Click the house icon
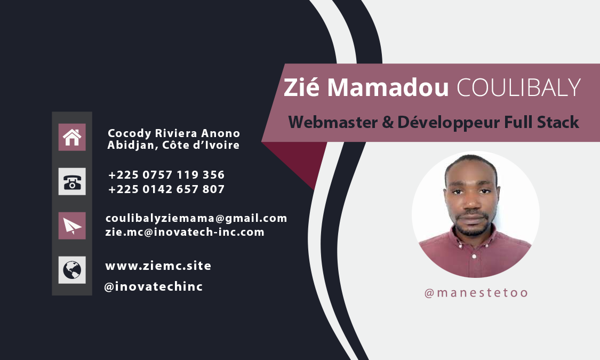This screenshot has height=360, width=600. click(72, 137)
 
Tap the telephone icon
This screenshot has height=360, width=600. click(72, 181)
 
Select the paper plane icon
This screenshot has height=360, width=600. click(72, 226)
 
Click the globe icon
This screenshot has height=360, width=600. click(72, 270)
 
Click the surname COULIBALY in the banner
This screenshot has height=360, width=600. click(519, 87)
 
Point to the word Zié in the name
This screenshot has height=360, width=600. click(301, 87)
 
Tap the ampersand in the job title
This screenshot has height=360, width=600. click(388, 123)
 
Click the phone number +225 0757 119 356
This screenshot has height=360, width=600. click(166, 175)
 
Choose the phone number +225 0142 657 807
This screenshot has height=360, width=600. click(166, 189)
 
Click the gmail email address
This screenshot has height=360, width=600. click(196, 219)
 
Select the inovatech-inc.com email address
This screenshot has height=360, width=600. click(185, 232)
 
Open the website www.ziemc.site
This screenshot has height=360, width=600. click(158, 266)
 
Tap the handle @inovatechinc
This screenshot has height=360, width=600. click(154, 286)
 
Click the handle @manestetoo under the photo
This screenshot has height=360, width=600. click(476, 293)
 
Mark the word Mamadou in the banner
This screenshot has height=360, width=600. click(388, 87)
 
